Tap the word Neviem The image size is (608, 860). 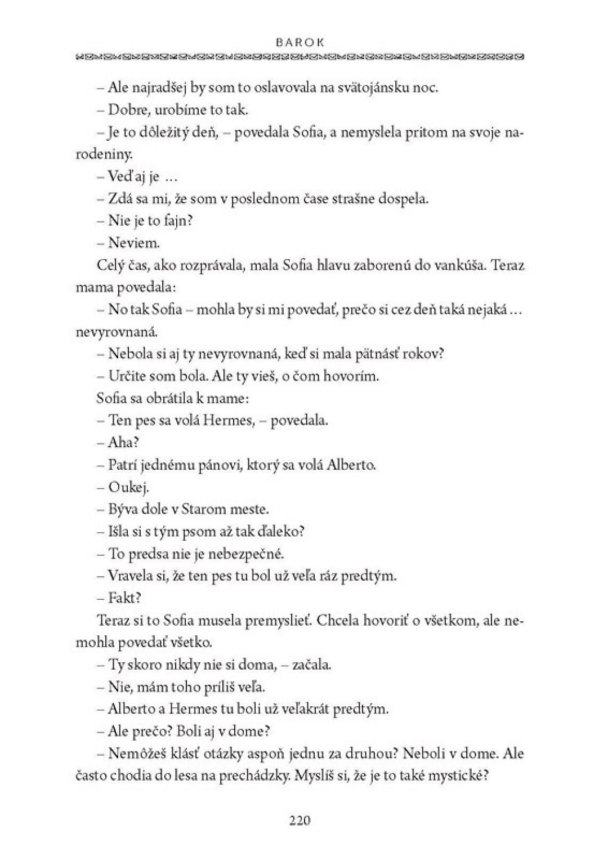point(126,243)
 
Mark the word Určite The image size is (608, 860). point(128,376)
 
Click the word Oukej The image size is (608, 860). point(128,487)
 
